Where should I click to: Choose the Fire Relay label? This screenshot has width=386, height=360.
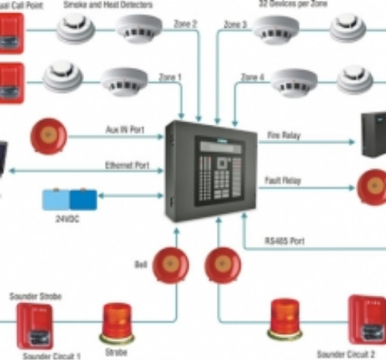click(284, 135)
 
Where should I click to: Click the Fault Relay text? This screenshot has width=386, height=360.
click(285, 178)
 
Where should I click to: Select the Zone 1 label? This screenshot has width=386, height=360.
click(169, 77)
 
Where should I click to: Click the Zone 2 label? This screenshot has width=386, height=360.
click(185, 25)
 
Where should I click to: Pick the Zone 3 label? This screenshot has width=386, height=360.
click(235, 25)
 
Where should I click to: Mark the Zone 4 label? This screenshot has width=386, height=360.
click(253, 77)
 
